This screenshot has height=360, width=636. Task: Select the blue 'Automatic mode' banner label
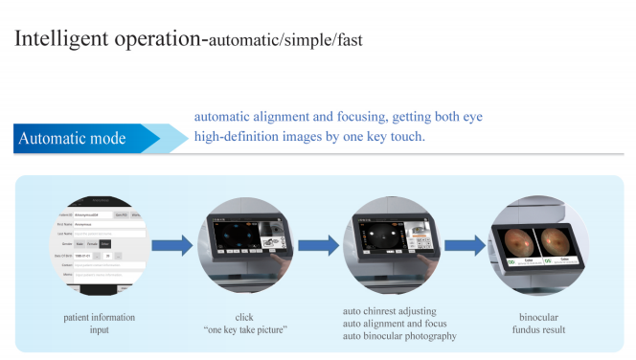click(x=72, y=138)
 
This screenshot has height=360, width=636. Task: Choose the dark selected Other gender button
click(x=108, y=244)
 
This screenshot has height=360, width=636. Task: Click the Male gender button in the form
click(x=78, y=244)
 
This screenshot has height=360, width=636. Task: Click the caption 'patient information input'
click(x=99, y=323)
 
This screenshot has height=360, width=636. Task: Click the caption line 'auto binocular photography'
click(x=399, y=336)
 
